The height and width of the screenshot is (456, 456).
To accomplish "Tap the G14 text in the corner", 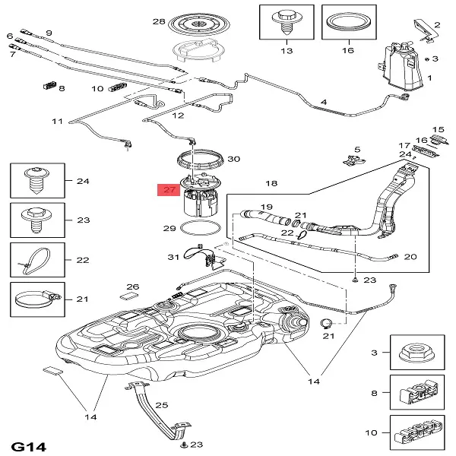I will (x=28, y=445).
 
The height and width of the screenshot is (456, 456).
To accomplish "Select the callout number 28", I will (x=158, y=21).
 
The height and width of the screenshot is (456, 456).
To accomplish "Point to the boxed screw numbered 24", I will (x=36, y=181).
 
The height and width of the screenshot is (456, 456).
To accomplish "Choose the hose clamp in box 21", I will (x=36, y=298).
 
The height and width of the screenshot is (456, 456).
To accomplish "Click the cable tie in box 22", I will (x=34, y=258).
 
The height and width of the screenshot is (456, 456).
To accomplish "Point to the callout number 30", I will (x=233, y=159).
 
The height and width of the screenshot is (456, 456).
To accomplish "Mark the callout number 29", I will (x=170, y=228).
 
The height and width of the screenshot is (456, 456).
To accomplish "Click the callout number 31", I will (x=173, y=256).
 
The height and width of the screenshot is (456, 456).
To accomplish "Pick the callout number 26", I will (x=133, y=287).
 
